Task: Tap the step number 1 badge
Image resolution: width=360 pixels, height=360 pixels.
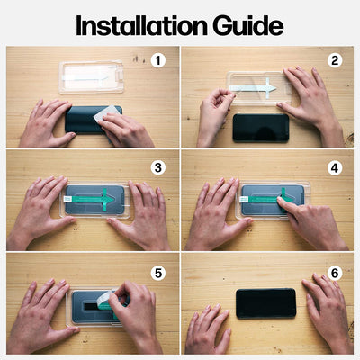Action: [x=158, y=61]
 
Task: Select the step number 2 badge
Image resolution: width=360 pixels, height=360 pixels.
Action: [x=335, y=61]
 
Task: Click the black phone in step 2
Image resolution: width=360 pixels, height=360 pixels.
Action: [x=260, y=127]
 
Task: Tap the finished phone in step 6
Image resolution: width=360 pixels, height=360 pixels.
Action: [x=265, y=303]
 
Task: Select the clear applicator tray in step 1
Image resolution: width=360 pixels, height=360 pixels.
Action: [x=91, y=76]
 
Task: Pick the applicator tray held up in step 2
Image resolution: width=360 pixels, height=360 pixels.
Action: [x=261, y=87]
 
